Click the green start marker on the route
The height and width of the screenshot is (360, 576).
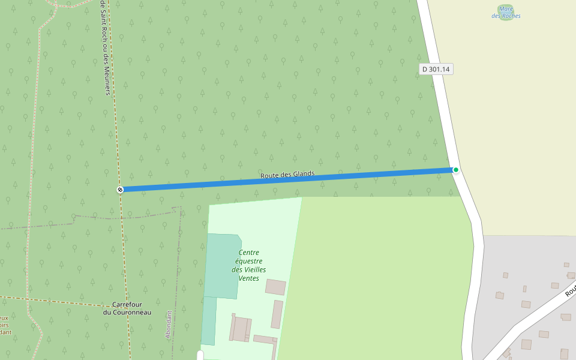pos(456,170)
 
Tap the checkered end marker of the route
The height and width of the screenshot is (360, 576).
pos(120,190)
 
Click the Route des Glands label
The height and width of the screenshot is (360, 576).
pos(287,175)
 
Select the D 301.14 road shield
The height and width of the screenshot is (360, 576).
pos(436,69)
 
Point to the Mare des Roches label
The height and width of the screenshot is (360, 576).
pos(506,13)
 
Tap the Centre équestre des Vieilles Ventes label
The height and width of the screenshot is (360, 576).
pos(249,265)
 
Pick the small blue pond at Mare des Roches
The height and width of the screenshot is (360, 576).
pos(506,8)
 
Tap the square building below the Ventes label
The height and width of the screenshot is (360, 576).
pos(275,287)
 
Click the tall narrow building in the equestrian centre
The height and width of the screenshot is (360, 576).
pos(277,314)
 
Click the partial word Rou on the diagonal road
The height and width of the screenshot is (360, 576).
pos(569,290)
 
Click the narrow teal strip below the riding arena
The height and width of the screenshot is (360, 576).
pos(208,321)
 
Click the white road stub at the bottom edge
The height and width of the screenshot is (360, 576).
pos(200,356)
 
